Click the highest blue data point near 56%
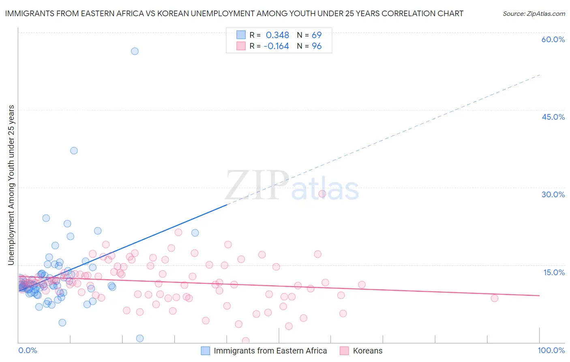(x=135, y=51)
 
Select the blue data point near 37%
(x=74, y=151)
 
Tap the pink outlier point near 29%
(x=322, y=194)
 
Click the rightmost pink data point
(x=494, y=298)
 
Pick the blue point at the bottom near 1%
(x=140, y=338)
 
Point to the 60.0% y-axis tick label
(x=553, y=39)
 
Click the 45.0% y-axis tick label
(x=553, y=117)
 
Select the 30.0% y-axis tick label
(x=553, y=194)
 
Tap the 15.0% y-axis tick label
(x=554, y=272)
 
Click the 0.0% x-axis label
(x=28, y=350)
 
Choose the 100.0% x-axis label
(x=551, y=350)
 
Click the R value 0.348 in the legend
(x=277, y=35)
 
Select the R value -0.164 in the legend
(x=276, y=46)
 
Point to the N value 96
(x=317, y=46)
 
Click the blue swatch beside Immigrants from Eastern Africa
(x=206, y=351)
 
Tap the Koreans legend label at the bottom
(x=367, y=351)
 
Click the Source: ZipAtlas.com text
(x=534, y=14)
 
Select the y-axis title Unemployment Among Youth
(x=11, y=185)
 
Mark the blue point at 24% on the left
(x=46, y=218)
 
